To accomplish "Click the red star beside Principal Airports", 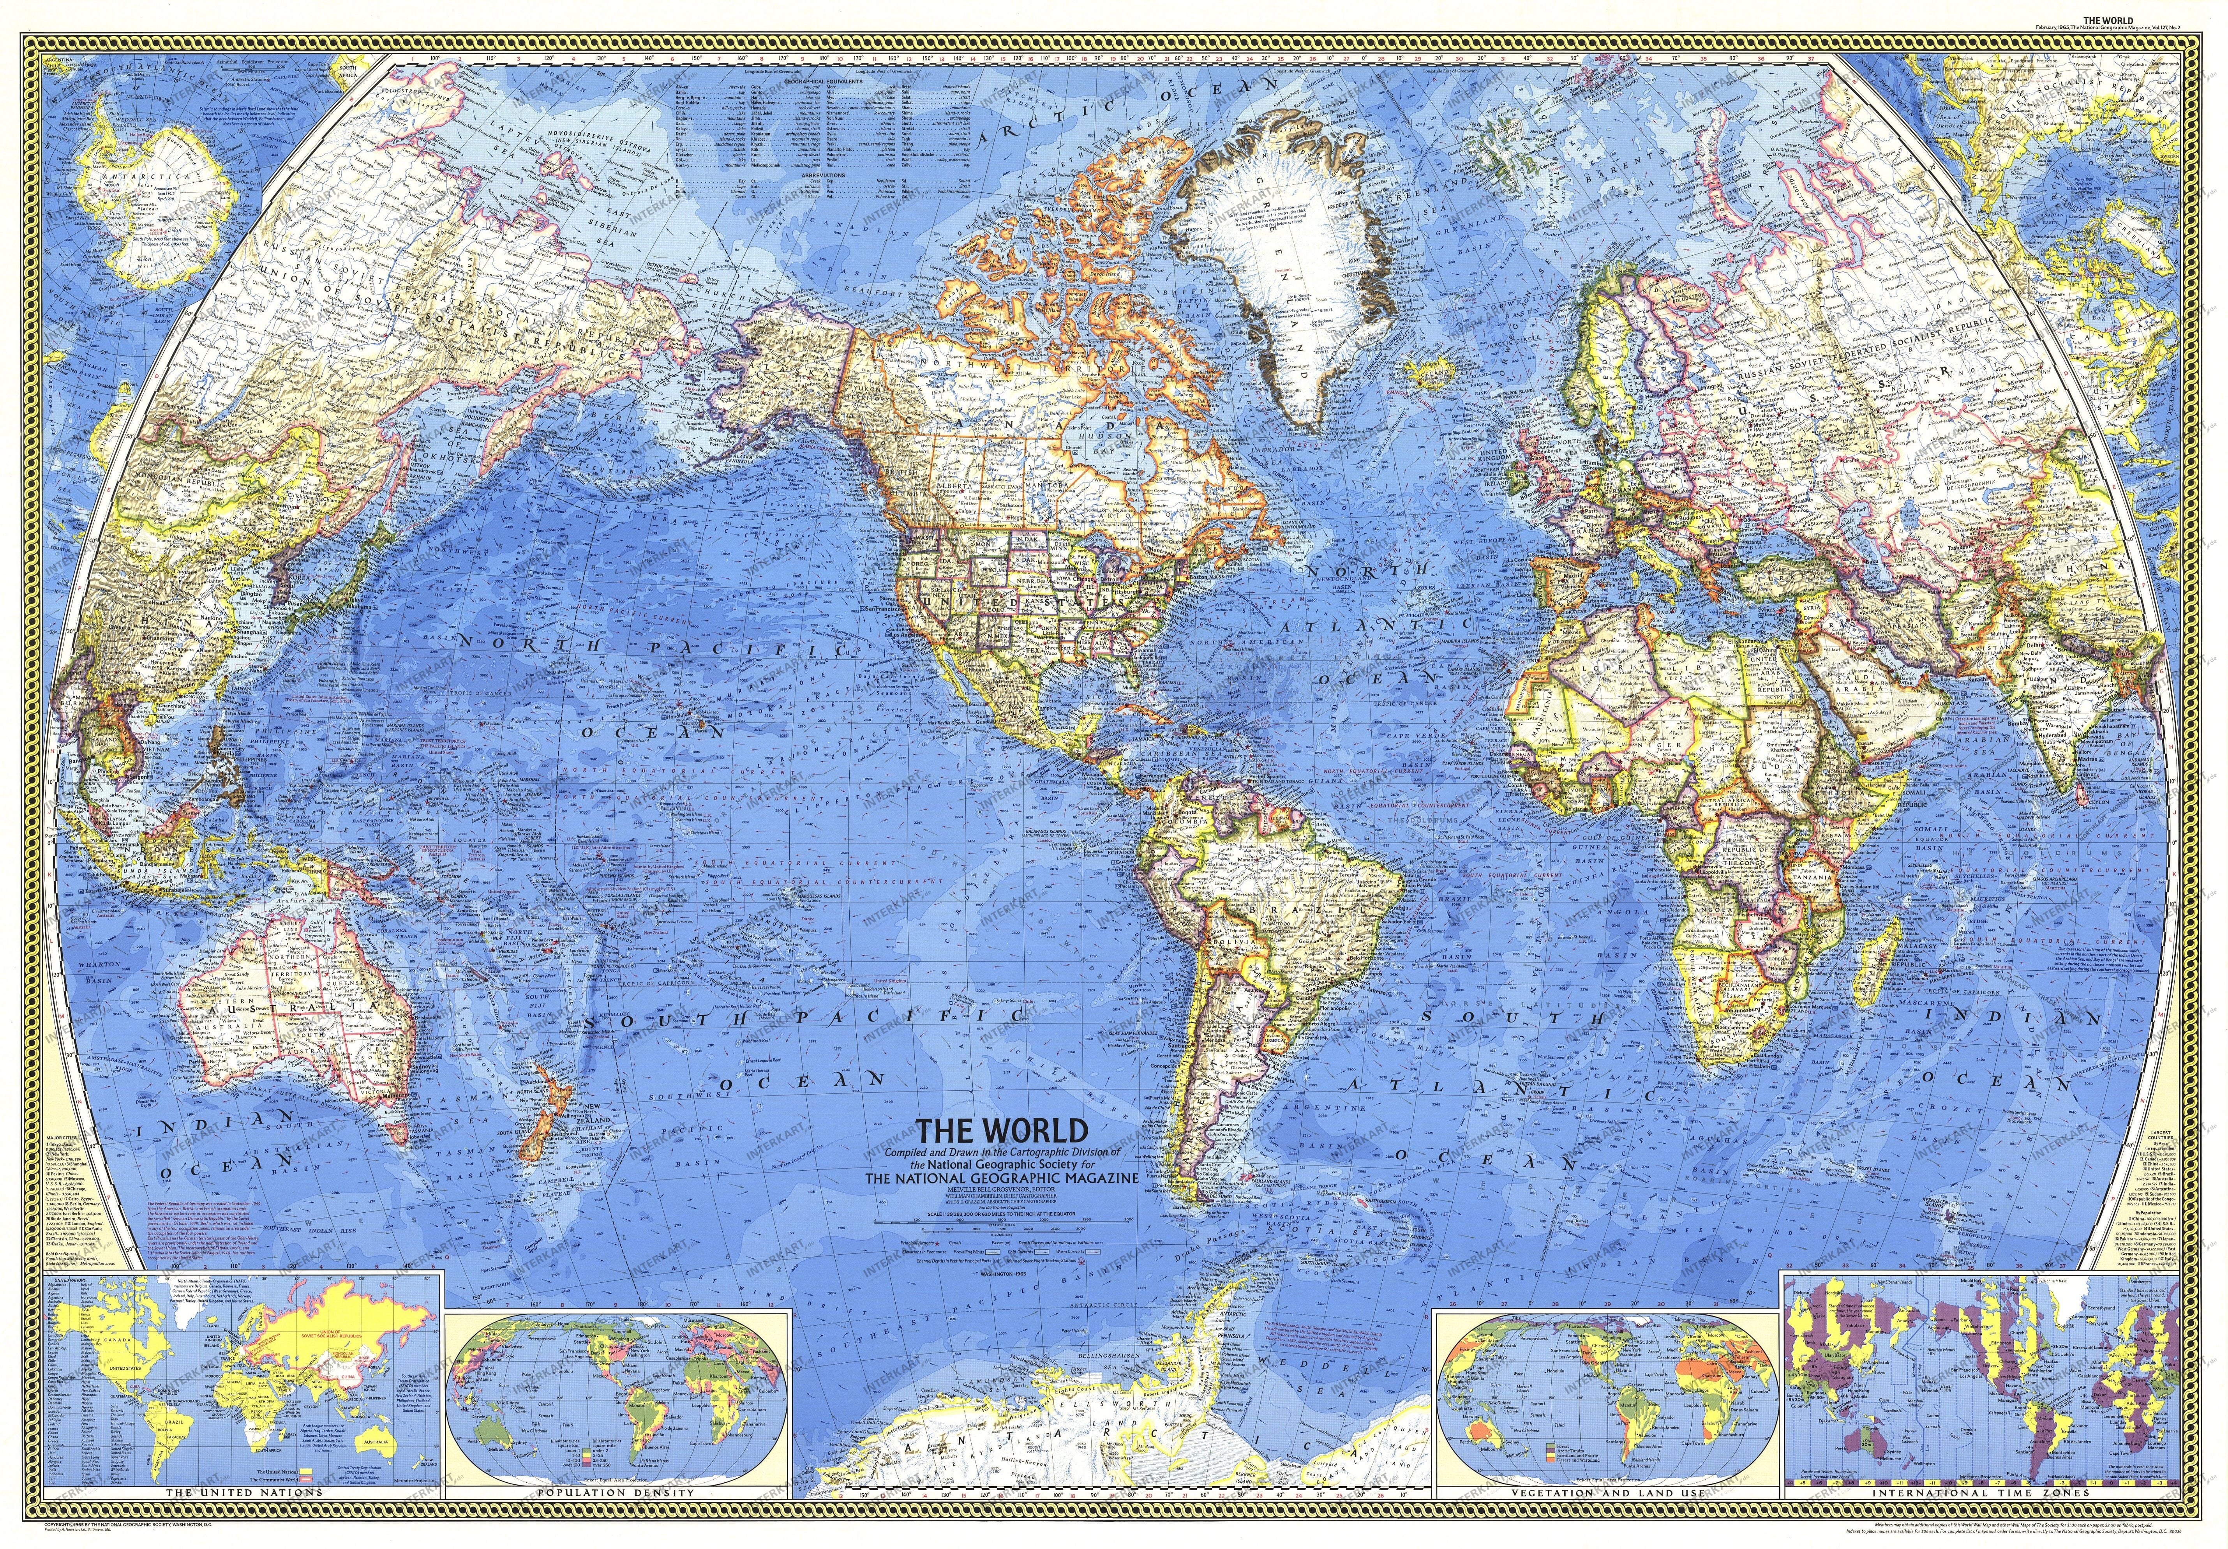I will [937, 1243].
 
